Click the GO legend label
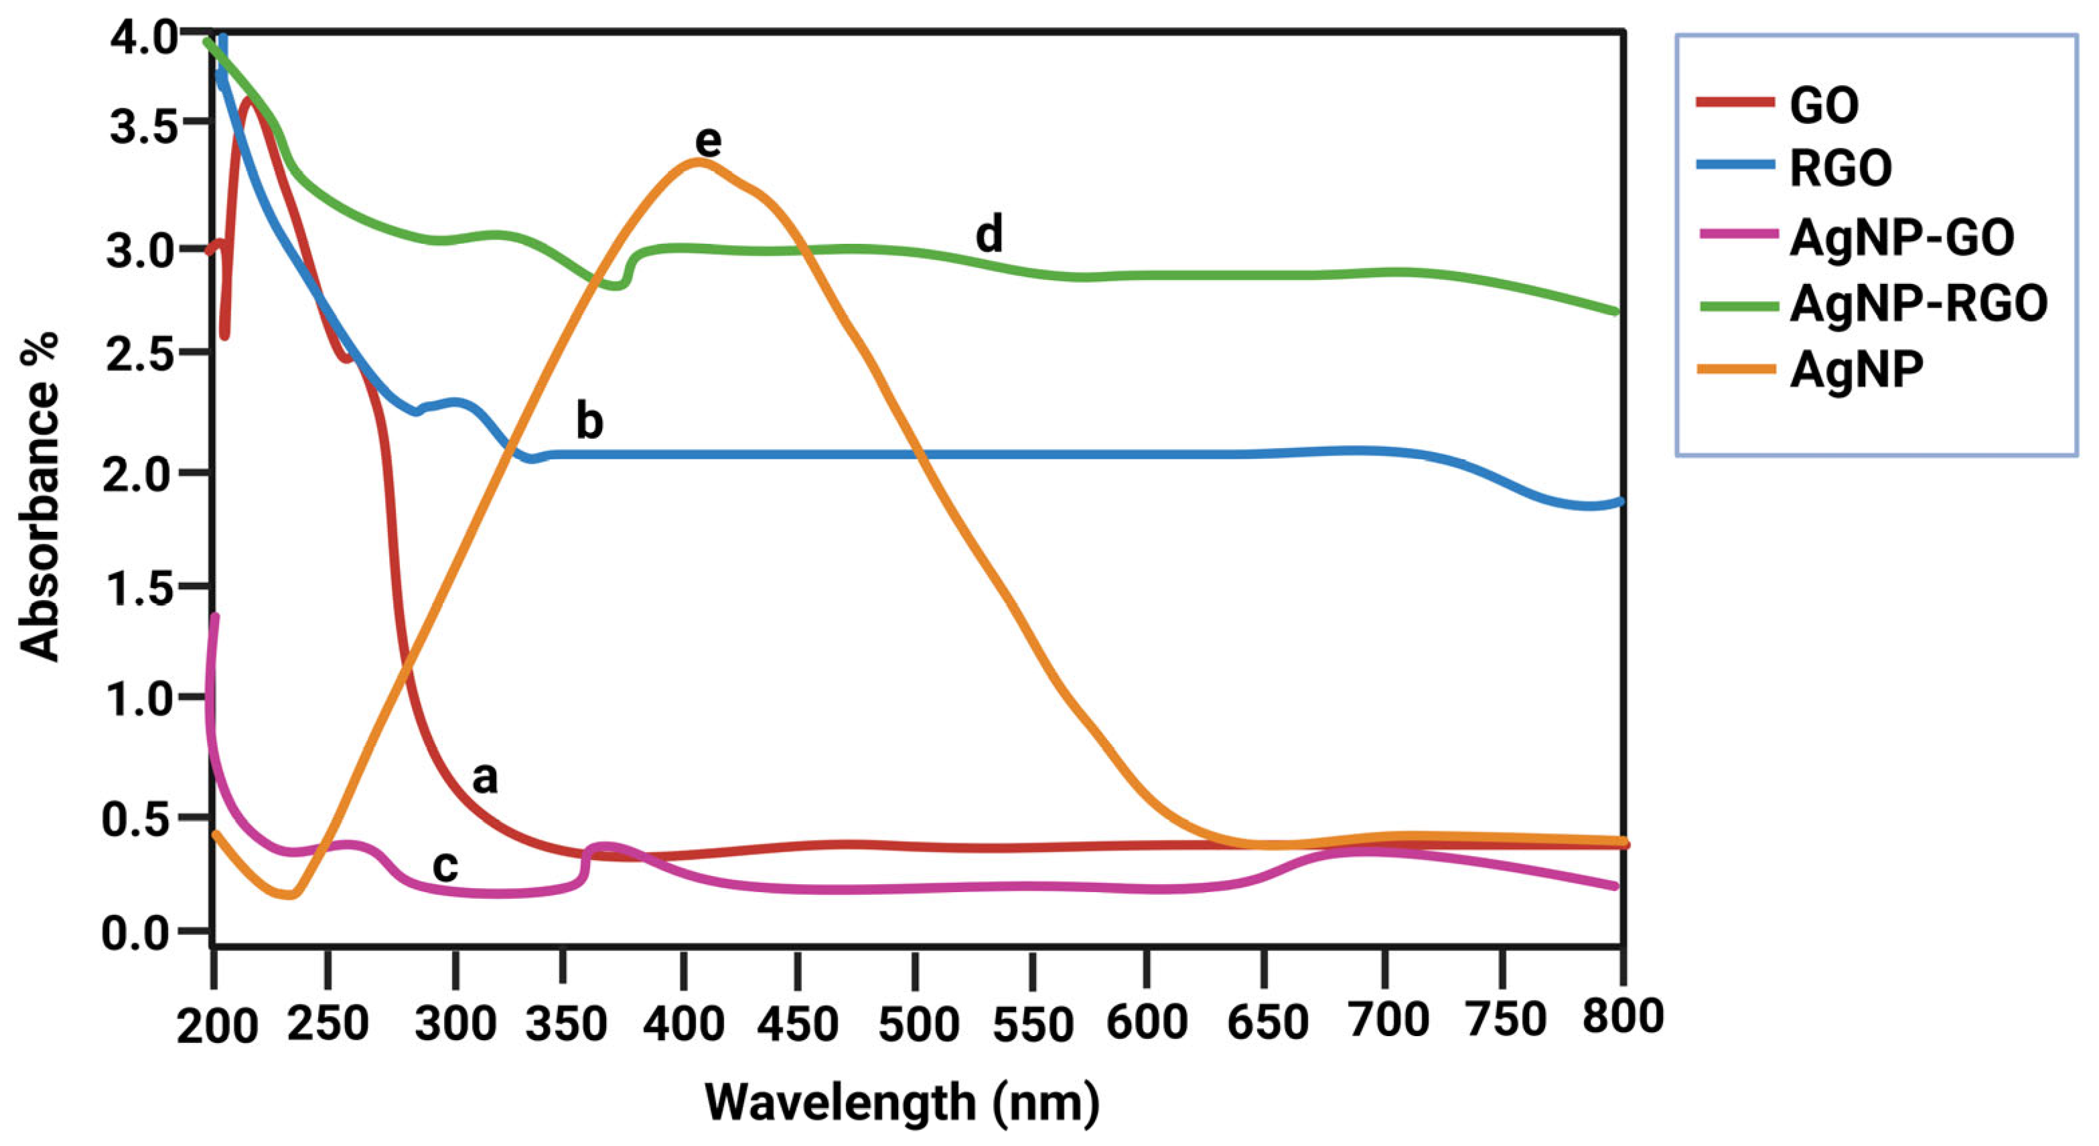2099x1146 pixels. (x=1824, y=105)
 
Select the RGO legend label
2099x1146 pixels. (x=1840, y=169)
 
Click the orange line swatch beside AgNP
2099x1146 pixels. (x=1735, y=368)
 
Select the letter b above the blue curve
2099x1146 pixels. (x=589, y=421)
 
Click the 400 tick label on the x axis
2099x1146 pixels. (x=683, y=1023)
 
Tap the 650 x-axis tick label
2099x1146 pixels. (x=1267, y=1023)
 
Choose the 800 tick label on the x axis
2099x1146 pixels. (x=1622, y=1018)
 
